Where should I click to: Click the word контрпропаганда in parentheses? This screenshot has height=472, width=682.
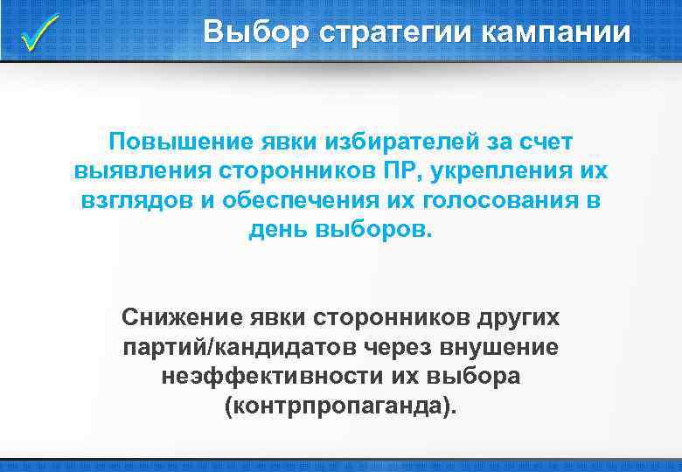click(x=340, y=406)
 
